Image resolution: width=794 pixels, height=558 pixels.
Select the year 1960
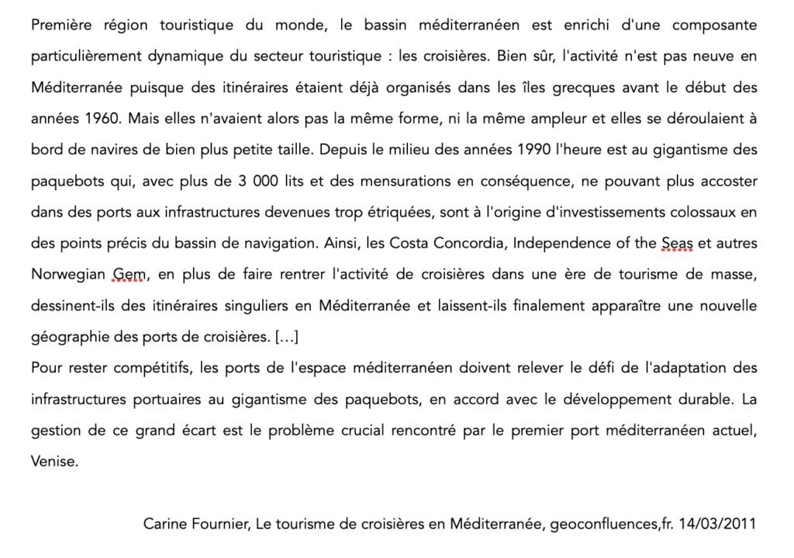click(102, 119)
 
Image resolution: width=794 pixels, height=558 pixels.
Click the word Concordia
click(464, 243)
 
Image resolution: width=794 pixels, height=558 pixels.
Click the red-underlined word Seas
click(677, 243)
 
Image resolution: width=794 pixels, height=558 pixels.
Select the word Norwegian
click(68, 274)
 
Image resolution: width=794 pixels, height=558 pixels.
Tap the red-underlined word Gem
click(129, 274)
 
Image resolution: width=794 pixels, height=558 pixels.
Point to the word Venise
click(54, 460)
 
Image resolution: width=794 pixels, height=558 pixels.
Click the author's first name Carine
click(165, 525)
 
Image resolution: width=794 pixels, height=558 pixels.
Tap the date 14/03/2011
click(717, 525)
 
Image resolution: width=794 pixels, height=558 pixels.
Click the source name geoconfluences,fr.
click(611, 525)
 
